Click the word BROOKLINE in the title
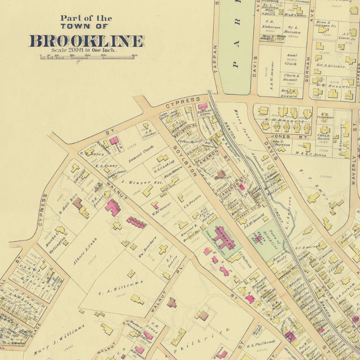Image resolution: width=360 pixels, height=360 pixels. [x=86, y=40]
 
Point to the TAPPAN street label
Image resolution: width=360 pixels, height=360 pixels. [x=216, y=58]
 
